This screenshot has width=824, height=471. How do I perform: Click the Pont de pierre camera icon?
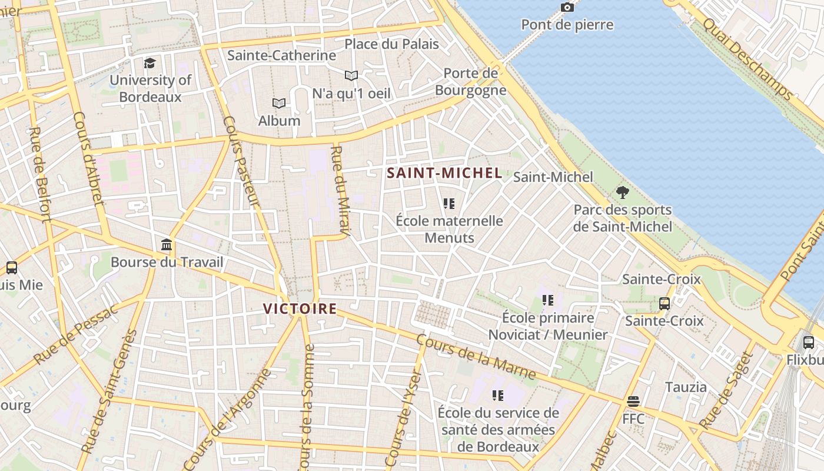(567, 8)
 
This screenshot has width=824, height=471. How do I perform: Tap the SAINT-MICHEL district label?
(444, 173)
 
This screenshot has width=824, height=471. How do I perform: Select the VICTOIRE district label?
(300, 309)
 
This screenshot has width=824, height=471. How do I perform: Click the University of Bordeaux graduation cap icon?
(150, 63)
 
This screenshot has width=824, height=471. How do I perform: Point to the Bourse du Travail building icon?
(167, 245)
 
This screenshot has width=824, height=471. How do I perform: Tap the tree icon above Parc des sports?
(622, 193)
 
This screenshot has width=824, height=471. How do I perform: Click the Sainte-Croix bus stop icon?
(664, 304)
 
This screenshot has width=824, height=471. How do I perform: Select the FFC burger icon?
(633, 402)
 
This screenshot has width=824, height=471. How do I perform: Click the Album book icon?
(279, 104)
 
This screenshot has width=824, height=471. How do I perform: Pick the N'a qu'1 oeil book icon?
(351, 76)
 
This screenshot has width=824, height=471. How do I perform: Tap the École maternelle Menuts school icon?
(449, 204)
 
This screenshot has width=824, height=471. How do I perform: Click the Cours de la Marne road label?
(476, 357)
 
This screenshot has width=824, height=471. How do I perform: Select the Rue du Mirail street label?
(341, 191)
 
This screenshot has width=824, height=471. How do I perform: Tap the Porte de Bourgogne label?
(470, 82)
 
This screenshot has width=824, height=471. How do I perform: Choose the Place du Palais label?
(391, 44)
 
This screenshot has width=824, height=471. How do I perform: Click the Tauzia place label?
(686, 387)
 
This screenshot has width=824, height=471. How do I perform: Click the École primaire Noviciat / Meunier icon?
(548, 300)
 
